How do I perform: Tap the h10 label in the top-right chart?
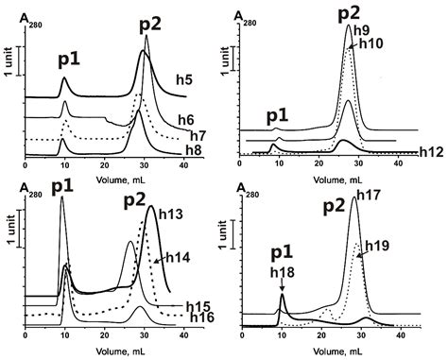click(x=371, y=43)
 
